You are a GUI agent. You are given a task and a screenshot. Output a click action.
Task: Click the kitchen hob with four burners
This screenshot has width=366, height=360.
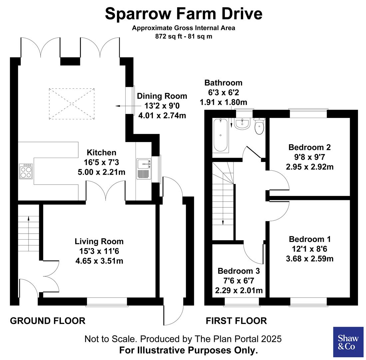click(x=26, y=171)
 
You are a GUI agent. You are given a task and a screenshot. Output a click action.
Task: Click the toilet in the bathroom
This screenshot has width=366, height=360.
click(x=259, y=126)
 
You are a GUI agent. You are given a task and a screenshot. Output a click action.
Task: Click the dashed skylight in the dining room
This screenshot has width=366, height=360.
click(x=72, y=103)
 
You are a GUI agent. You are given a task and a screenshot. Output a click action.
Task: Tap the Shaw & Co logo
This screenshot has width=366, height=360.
click(x=348, y=342)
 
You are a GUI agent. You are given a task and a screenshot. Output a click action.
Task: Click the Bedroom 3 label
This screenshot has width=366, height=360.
click(x=238, y=271)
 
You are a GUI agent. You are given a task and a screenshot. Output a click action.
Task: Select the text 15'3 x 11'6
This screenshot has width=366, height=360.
click(x=99, y=251)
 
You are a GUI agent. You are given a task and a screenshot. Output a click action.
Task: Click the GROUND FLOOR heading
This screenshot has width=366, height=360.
click(x=48, y=321)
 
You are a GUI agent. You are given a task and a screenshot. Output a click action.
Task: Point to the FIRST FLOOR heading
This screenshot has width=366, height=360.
click(x=236, y=321)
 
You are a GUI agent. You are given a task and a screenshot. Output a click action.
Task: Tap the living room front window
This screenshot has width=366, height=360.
click(x=107, y=302)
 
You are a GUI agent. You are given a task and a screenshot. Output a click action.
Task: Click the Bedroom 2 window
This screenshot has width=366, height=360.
click(x=308, y=114)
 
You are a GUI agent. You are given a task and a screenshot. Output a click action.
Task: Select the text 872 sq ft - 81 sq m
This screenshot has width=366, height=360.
click(x=183, y=36)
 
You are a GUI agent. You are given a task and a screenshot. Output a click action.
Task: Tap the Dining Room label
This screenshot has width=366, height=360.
click(x=162, y=96)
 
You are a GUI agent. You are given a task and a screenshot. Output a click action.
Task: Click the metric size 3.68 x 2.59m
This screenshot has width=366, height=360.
click(x=309, y=258)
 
